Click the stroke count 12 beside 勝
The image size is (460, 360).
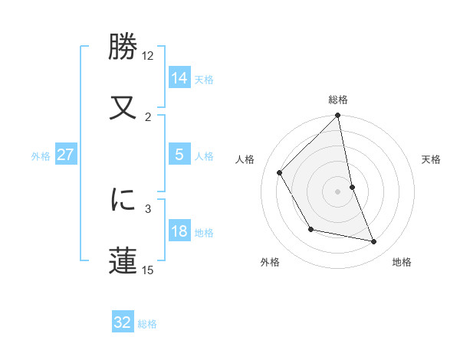point(148,56)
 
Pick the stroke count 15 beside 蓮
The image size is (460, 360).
point(148,270)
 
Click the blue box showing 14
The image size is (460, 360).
point(179,78)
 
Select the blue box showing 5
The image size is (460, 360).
point(179,155)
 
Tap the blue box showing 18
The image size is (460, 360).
point(179,231)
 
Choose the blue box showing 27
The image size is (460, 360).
point(66,155)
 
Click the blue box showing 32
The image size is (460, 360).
point(123,322)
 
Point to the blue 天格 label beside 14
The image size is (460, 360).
point(204,79)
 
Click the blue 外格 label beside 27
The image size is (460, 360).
point(41,155)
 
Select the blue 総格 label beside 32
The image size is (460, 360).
point(147,324)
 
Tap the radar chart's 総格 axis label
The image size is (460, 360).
point(338,100)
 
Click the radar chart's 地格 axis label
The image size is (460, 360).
point(402,263)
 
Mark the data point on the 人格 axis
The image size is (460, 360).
point(280,173)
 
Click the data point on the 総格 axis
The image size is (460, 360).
point(338,116)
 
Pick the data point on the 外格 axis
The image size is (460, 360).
point(310,229)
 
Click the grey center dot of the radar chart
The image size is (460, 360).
point(338,191)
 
